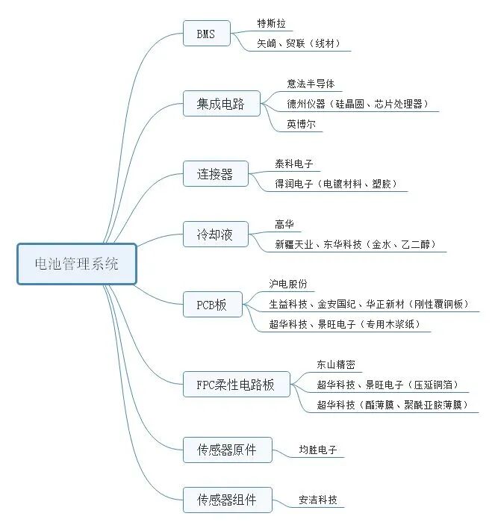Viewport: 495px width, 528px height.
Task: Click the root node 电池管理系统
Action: pos(77,264)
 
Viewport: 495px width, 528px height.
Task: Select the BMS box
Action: pos(207,34)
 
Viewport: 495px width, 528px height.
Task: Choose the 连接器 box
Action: pos(215,174)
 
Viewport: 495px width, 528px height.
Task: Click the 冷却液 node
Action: pos(215,235)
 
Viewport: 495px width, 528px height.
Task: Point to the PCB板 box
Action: pos(212,305)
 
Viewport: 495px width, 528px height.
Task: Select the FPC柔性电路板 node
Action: pos(236,385)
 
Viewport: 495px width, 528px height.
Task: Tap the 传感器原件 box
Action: pos(226,450)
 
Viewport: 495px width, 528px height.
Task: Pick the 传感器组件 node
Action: pos(226,499)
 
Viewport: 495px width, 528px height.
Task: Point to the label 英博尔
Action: pos(302,125)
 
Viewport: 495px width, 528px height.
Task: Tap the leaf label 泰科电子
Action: pos(294,164)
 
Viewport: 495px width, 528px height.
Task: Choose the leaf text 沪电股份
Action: pos(288,285)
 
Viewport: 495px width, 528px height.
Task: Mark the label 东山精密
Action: pos(336,364)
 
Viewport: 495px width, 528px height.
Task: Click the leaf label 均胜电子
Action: pos(317,450)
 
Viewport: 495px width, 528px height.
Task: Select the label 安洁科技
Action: pos(317,500)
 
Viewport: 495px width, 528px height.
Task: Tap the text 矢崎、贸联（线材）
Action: pos(299,43)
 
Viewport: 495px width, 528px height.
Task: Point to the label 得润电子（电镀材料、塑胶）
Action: pos(337,183)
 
